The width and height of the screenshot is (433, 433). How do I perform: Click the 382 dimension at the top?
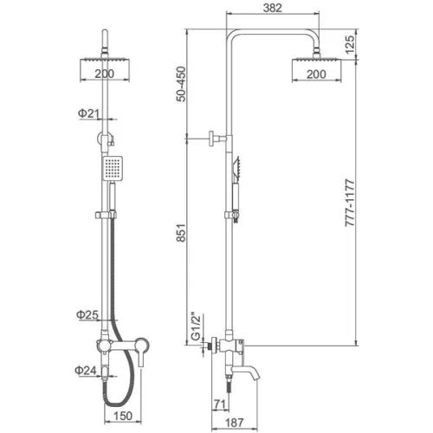(x=273, y=8)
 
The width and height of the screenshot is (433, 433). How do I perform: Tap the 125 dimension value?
(x=349, y=44)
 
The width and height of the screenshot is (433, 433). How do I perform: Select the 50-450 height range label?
(x=181, y=84)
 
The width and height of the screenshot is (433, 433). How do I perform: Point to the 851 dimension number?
(x=181, y=232)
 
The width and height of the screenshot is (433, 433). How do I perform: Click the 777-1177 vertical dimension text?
(x=350, y=203)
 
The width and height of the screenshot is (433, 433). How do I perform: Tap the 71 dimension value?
(x=220, y=404)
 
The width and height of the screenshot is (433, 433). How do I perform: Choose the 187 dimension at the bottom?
(x=234, y=423)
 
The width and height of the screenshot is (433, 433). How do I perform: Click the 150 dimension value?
(x=123, y=416)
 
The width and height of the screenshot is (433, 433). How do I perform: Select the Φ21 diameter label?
(x=88, y=113)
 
